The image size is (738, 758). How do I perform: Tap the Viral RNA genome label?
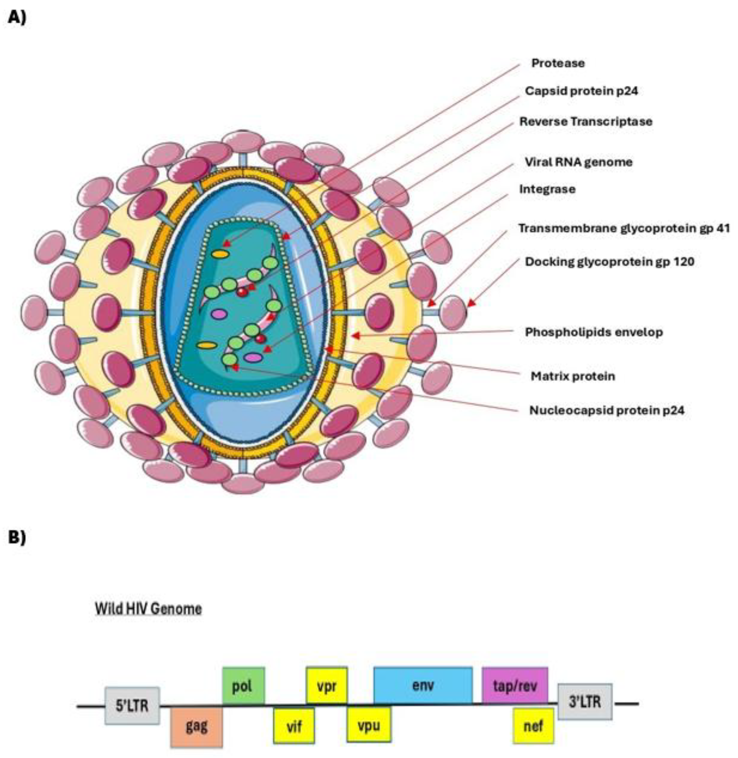coord(578,162)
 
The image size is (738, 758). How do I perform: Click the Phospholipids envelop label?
coord(593,332)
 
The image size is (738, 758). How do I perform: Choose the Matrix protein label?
coord(573,376)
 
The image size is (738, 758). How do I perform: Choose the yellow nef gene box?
coord(533,725)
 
